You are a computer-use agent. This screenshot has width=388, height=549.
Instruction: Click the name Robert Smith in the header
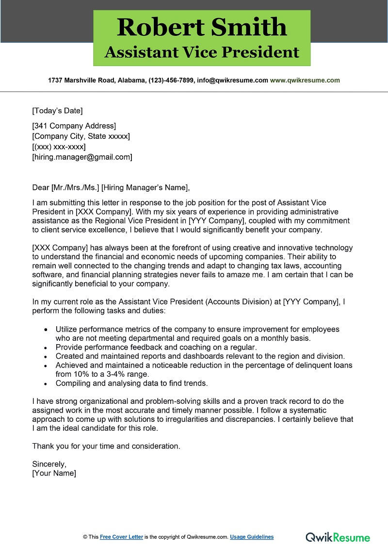pos(202,27)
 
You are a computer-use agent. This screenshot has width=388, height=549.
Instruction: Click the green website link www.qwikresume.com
pos(305,81)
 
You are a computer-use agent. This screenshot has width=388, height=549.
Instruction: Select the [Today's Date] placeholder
pos(57,111)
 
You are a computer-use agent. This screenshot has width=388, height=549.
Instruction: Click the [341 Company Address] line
pos(74,126)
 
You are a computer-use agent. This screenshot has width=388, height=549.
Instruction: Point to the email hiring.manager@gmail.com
pos(82,157)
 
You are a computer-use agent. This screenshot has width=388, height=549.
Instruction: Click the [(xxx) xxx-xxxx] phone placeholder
pos(59,147)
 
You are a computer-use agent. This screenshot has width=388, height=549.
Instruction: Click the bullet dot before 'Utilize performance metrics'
pos(46,329)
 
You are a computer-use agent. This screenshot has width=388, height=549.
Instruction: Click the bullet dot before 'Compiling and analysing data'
pos(46,383)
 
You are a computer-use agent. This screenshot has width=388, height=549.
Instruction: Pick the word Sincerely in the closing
pos(49,464)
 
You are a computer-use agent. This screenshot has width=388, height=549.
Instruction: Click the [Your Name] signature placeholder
pos(54,473)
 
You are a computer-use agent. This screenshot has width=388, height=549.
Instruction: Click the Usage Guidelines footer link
pos(252,537)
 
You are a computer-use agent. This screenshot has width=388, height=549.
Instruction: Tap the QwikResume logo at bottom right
pos(338,537)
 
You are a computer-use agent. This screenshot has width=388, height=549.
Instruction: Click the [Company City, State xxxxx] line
pos(81,136)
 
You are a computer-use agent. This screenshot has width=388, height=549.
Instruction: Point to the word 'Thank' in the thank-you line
pos(43,446)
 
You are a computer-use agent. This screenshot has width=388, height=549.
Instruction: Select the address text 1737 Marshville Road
pos(81,81)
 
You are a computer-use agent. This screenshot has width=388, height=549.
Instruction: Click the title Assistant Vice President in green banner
pos(202,52)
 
